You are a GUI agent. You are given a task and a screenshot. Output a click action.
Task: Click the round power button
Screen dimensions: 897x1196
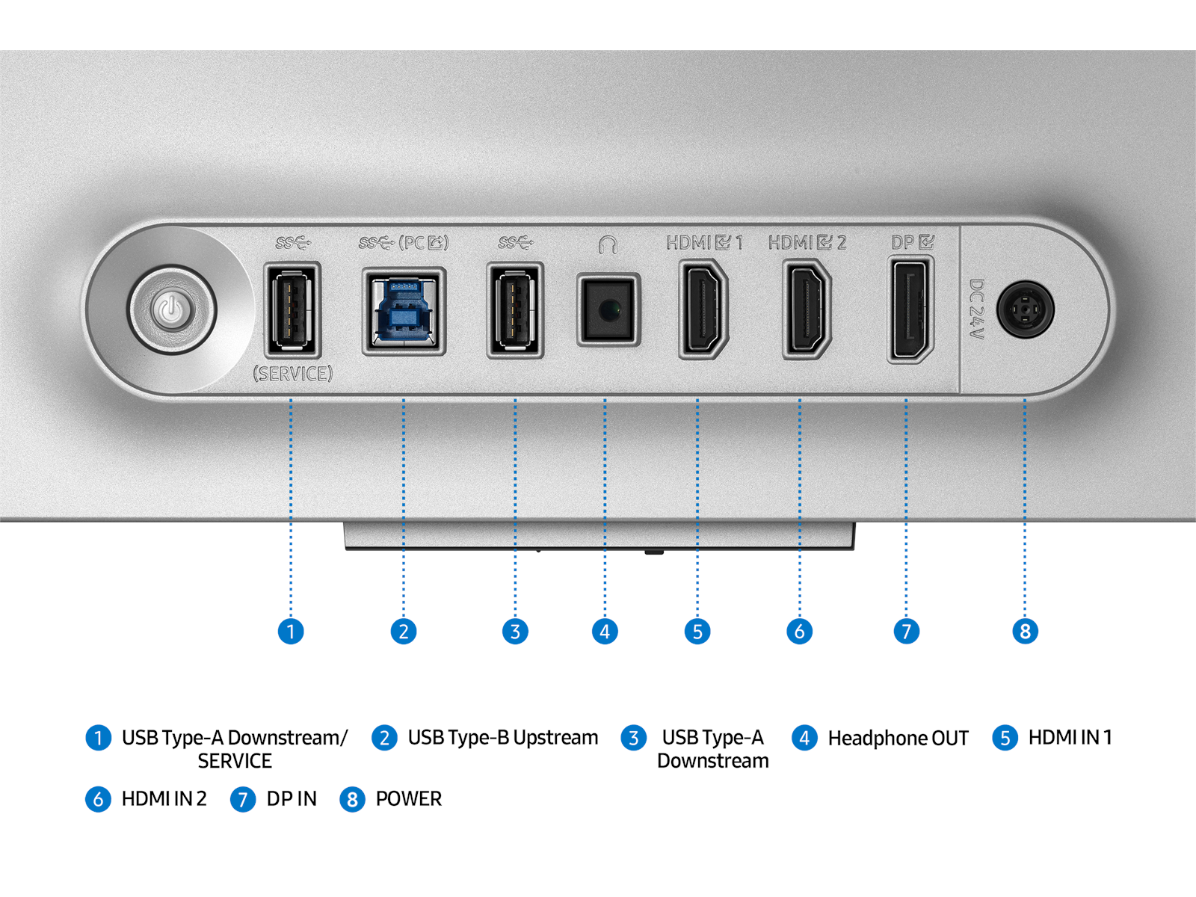point(171,309)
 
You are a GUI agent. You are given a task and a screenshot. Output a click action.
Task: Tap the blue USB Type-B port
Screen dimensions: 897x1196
point(404,311)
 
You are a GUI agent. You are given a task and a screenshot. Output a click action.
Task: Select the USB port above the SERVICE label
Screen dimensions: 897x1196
point(292,309)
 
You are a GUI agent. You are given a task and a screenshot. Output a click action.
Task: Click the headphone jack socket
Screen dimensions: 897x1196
point(608,309)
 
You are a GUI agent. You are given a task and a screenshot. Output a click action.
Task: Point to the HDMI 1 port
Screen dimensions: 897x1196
point(703,309)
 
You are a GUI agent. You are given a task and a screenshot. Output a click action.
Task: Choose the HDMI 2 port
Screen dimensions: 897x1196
point(806,309)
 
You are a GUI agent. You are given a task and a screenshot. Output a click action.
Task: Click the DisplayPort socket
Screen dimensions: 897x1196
point(910,309)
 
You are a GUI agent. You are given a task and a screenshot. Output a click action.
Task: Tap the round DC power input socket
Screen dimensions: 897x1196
point(1025,309)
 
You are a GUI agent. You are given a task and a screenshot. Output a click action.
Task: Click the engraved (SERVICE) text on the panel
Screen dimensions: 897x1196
point(292,374)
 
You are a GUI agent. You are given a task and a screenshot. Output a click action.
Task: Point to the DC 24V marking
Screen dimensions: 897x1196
point(976,309)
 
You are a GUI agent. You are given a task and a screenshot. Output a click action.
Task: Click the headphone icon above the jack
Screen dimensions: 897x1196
point(608,244)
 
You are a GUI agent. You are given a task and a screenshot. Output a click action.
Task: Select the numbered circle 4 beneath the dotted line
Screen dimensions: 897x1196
point(605,632)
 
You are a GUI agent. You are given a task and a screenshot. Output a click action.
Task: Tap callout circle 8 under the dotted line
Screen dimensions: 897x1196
point(1025,632)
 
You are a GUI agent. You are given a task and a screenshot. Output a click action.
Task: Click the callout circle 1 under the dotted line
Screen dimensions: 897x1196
point(291,632)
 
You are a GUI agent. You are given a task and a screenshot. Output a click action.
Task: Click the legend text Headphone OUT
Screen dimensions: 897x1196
point(898,739)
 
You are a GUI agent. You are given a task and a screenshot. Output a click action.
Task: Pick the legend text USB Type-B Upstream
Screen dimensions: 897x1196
point(502,738)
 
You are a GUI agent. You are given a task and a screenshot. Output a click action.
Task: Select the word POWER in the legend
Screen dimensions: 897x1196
point(408,799)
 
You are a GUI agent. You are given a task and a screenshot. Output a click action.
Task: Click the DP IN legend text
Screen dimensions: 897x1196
point(292,799)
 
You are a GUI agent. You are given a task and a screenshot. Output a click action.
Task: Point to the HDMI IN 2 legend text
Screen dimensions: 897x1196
point(164,799)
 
